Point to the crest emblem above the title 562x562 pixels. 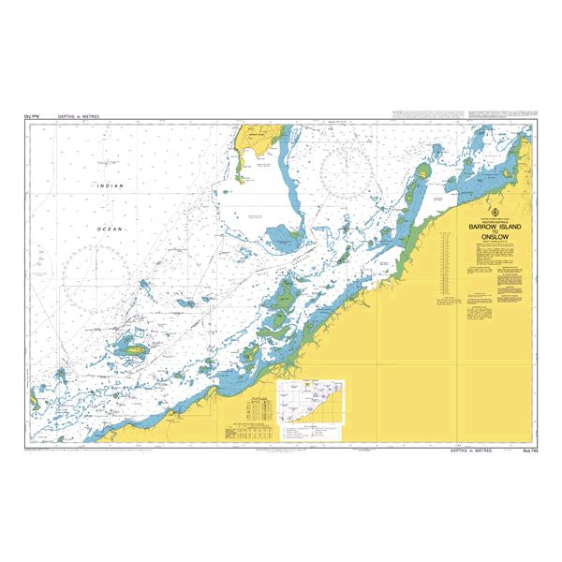(x=488, y=211)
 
